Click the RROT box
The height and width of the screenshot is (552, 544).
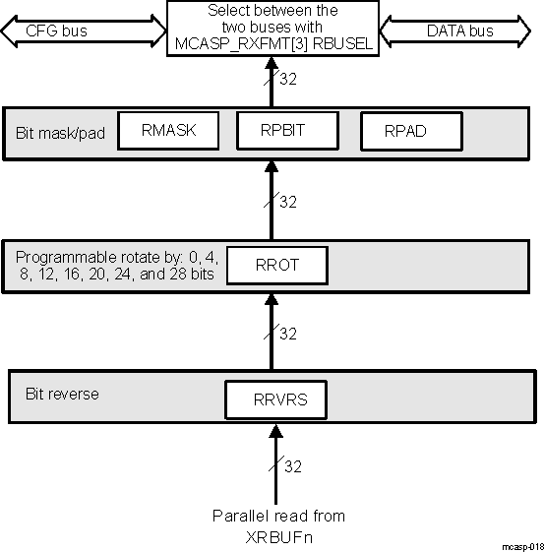coord(276,265)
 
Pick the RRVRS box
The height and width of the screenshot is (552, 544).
coord(276,400)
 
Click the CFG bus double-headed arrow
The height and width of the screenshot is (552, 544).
coord(83,31)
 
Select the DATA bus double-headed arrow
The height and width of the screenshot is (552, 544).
coord(460,31)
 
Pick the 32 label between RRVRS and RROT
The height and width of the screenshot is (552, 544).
coord(288,334)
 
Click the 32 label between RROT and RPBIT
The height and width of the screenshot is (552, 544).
coord(288,202)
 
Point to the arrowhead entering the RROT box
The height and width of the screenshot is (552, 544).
coord(276,293)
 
